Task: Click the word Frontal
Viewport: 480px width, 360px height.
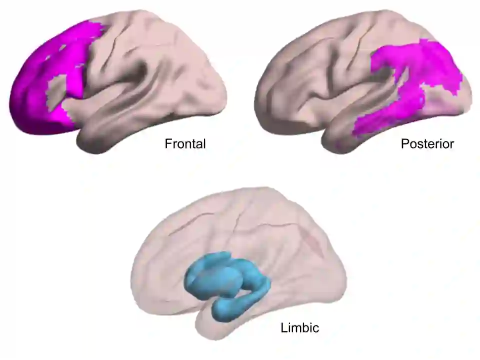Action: pos(185,144)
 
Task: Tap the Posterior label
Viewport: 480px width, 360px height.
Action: pos(427,144)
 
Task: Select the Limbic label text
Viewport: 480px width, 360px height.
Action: pos(299,328)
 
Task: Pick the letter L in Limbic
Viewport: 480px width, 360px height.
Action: pos(283,328)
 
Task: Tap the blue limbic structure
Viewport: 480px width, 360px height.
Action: pos(225,280)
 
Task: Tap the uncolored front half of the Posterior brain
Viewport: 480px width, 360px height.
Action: pos(310,80)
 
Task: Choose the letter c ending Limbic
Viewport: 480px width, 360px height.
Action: pos(316,328)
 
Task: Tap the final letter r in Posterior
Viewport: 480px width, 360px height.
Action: pos(452,144)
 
